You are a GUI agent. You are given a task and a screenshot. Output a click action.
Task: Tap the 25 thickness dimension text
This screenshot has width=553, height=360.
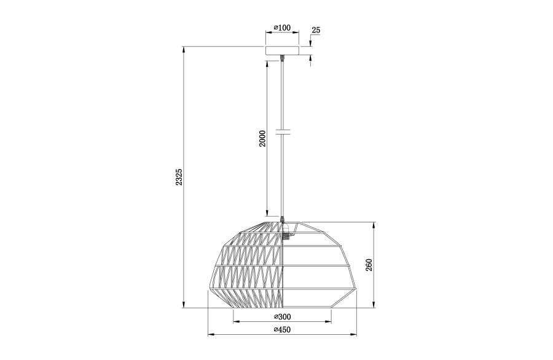tap(316, 30)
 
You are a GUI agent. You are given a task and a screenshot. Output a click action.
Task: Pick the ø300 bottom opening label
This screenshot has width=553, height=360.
tap(282, 317)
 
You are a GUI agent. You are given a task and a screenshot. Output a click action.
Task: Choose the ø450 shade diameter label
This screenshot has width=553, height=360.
tap(282, 330)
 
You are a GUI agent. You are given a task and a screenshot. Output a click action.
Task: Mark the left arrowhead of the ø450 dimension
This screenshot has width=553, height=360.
tap(211, 335)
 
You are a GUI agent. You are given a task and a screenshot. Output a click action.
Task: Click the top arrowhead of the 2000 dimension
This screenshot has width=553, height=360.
tap(267, 62)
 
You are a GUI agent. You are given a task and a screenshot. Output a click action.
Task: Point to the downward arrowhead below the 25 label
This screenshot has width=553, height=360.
tap(310, 42)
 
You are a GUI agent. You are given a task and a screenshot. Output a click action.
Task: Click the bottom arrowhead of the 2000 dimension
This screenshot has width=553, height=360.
tap(267, 216)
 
